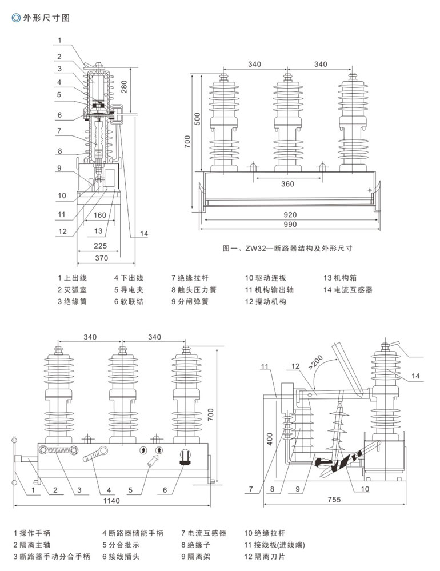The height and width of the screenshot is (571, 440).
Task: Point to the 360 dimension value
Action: click(287, 184)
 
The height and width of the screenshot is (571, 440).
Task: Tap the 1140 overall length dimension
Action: click(113, 501)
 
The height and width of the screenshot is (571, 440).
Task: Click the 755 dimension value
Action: click(334, 500)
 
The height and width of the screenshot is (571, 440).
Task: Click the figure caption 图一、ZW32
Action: click(287, 249)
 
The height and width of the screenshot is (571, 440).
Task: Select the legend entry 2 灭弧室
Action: click(72, 290)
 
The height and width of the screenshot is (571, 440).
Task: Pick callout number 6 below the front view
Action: click(165, 490)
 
